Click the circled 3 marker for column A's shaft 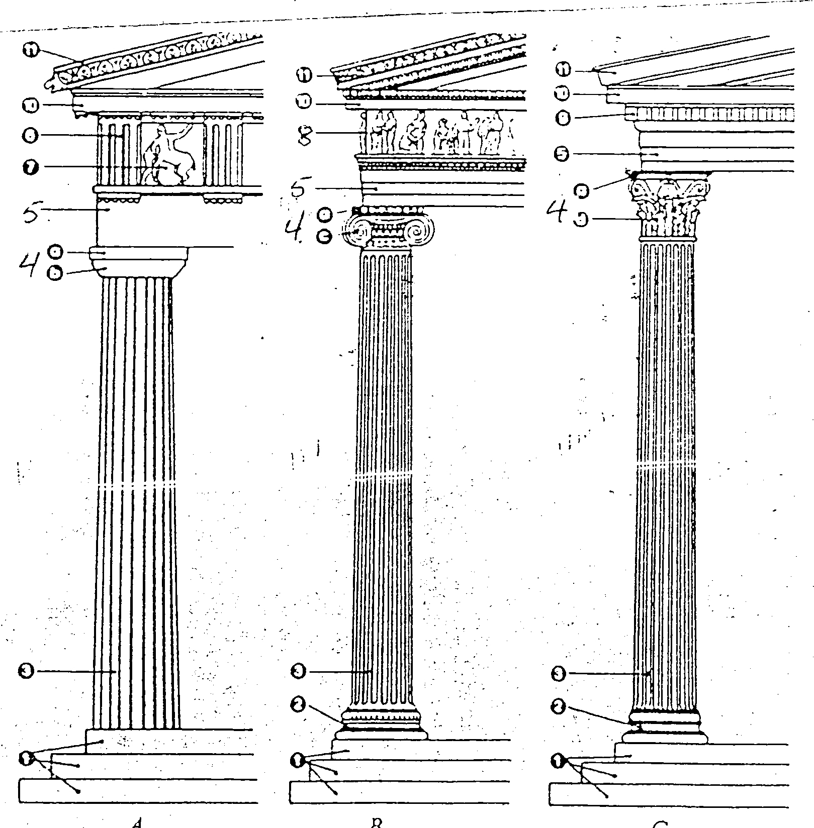[x=26, y=671]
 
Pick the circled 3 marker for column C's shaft [x=559, y=673]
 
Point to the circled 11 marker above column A [x=32, y=50]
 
